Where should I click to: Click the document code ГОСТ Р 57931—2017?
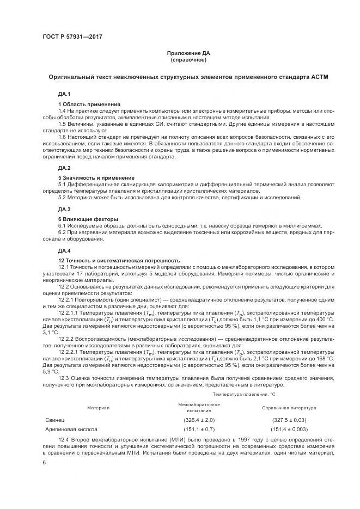point(72,37)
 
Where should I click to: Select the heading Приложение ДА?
point(188,53)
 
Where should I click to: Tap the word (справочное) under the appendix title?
point(188,60)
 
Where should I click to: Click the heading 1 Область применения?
point(89,104)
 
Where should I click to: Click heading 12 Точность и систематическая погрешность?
point(119,260)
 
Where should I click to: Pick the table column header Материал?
point(99,408)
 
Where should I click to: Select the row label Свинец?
point(56,420)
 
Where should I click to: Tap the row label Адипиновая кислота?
point(72,430)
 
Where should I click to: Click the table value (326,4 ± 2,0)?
point(199,420)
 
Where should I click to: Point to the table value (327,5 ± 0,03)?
point(289,420)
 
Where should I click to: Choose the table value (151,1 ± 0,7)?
point(199,430)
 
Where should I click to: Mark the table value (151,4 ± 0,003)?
point(289,430)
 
